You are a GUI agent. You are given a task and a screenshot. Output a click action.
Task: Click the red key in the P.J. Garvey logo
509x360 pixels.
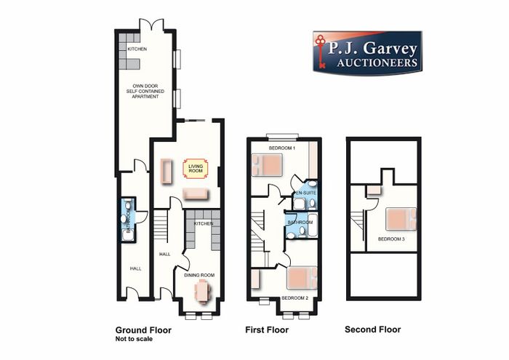[x=321, y=52]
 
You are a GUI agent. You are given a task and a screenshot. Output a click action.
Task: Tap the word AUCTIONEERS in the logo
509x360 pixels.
[x=377, y=63]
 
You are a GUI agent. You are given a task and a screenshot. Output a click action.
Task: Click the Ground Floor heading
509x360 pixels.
[x=143, y=330]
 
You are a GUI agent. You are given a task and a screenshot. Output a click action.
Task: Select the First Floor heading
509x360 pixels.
[x=267, y=329]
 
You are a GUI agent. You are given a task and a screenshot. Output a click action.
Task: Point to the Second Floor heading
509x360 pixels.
[x=372, y=329]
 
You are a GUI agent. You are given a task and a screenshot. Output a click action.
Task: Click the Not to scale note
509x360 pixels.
[x=134, y=339]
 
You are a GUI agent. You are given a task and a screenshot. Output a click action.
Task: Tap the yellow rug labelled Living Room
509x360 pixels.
[x=196, y=169]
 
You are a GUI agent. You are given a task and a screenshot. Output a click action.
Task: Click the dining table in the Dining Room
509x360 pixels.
[x=203, y=292]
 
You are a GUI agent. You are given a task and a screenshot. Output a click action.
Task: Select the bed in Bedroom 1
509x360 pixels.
[x=267, y=164]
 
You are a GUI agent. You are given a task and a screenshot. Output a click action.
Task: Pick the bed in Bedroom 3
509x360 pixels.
[x=401, y=219]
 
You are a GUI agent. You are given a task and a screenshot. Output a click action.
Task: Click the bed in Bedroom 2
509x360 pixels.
[x=302, y=278]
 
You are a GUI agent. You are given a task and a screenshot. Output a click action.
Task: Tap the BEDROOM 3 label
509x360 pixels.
[x=391, y=239]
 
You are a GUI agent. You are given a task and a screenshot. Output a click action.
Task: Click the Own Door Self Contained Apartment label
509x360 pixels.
[x=145, y=91]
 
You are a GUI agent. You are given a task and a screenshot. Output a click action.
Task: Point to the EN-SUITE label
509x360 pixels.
[x=305, y=193]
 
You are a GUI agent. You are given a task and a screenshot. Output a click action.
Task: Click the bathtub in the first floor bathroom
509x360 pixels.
[x=313, y=225]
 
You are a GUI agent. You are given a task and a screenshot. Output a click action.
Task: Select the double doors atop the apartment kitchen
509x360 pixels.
[x=151, y=24]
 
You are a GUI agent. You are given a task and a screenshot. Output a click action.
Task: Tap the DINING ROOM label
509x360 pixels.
[x=199, y=276]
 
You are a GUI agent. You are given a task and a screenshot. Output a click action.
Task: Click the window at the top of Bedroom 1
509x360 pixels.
[x=282, y=136]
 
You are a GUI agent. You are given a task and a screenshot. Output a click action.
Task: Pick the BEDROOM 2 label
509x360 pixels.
[x=294, y=298]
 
